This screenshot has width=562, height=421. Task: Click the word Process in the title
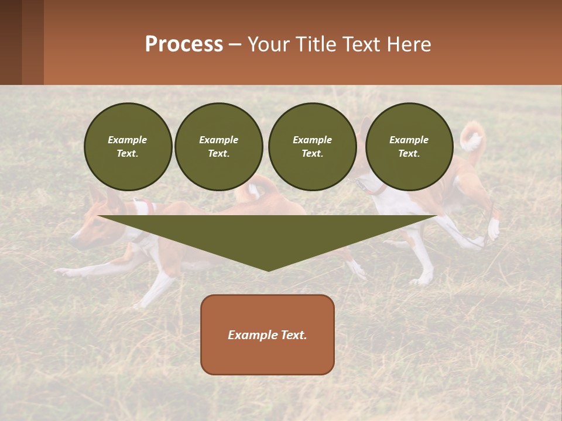(x=184, y=44)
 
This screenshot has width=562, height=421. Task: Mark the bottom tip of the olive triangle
(x=268, y=270)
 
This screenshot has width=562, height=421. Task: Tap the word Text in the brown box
(x=294, y=335)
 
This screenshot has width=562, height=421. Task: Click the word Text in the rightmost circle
(x=409, y=154)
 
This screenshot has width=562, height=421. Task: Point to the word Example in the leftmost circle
(x=128, y=140)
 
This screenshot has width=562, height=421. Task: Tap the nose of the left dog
(x=73, y=240)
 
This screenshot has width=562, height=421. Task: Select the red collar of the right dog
(x=378, y=190)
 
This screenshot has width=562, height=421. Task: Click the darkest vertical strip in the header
(x=11, y=42)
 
